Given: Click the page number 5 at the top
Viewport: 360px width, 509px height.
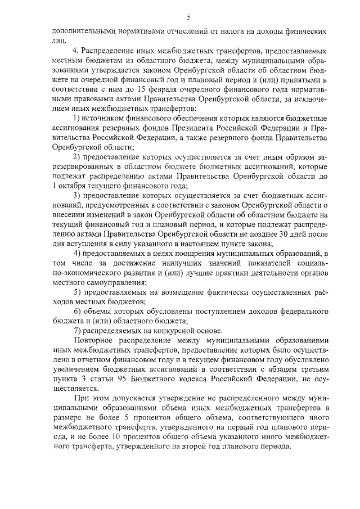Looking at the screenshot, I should (x=181, y=17).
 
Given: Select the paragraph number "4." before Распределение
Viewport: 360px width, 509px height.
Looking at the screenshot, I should (x=77, y=51).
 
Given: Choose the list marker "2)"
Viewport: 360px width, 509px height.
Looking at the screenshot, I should (x=78, y=156).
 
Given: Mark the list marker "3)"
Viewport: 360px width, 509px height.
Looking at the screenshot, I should (x=78, y=195).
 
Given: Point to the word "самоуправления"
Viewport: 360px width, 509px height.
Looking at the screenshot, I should (x=118, y=282).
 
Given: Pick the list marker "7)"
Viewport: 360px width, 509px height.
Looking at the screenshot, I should (x=78, y=331).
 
